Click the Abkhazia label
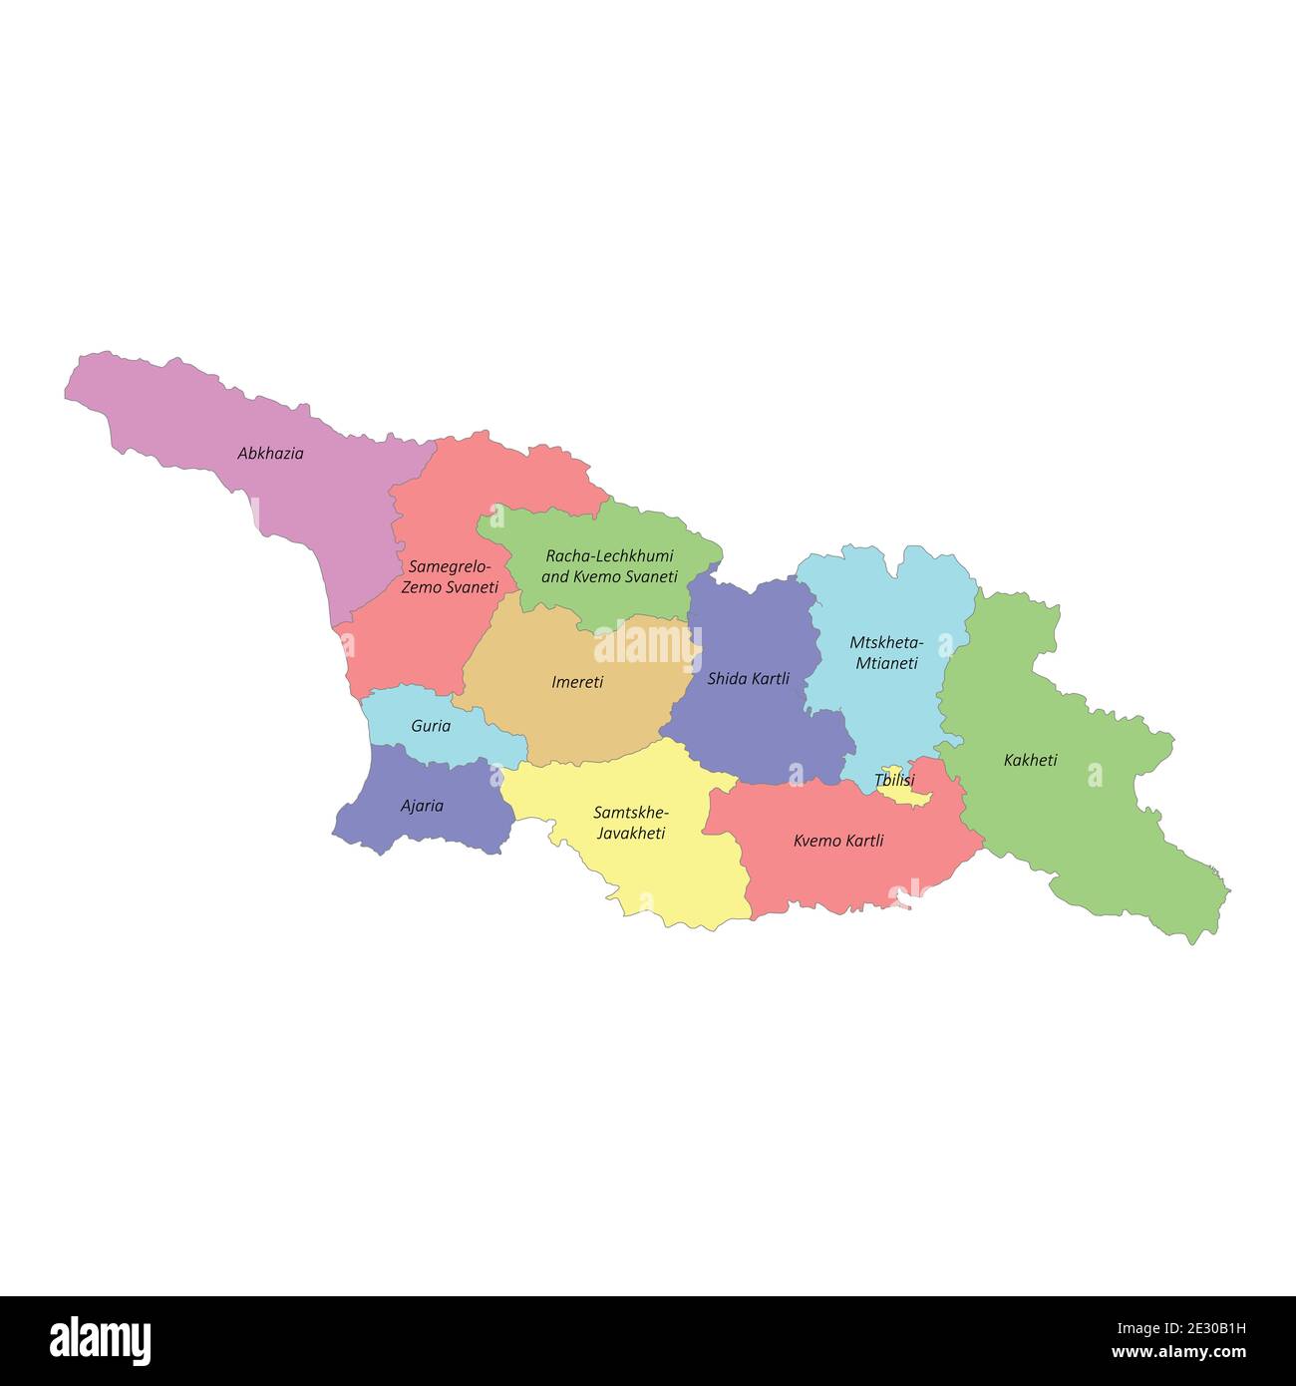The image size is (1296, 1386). tap(270, 454)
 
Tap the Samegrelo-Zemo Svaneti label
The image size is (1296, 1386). tap(450, 577)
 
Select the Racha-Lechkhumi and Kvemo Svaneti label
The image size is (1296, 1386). tap(609, 566)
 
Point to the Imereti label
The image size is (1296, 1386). tap(577, 683)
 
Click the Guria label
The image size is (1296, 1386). tap(431, 726)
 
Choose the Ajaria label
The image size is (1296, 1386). tap(422, 806)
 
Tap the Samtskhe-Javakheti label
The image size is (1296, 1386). tap(631, 823)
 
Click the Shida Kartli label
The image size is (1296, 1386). tap(748, 679)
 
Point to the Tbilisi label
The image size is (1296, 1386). tap(893, 780)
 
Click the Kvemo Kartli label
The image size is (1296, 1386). tap(838, 841)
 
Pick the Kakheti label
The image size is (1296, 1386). tap(1030, 760)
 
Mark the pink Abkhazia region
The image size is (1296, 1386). tap(329, 499)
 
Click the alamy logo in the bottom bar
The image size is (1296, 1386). tap(100, 1341)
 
